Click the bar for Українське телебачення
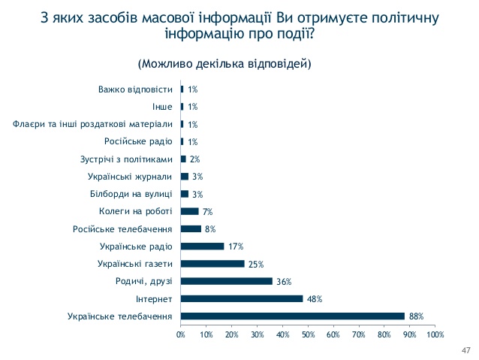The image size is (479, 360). tap(293, 316)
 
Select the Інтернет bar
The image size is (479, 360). tap(242, 298)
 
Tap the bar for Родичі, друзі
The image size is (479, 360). tap(227, 281)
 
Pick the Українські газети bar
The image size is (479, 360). tap(212, 264)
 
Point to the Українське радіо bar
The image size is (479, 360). tap(203, 246)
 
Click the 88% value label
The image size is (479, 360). tap(416, 316)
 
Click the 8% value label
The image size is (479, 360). tap(210, 229)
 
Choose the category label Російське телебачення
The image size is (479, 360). tap(123, 228)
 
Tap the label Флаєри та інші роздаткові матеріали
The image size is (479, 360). tap(94, 124)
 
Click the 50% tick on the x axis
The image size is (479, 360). tap(308, 334)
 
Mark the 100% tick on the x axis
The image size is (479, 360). tap(435, 334)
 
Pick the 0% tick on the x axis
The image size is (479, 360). tap(181, 334)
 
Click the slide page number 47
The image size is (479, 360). tap(465, 350)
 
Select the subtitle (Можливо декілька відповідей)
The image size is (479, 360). tap(224, 63)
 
